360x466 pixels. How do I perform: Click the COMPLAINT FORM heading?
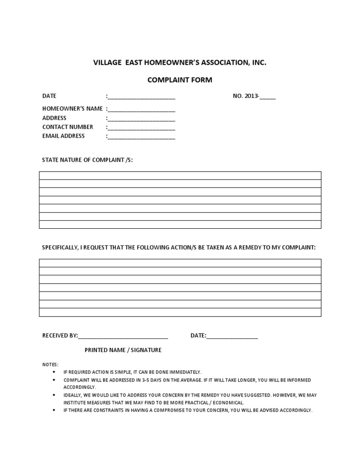[x=180, y=80]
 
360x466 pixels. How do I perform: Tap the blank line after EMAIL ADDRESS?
[x=142, y=137]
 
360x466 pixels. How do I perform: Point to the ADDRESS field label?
[x=54, y=118]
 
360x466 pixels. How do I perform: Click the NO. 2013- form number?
[x=254, y=96]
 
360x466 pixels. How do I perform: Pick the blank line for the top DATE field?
[x=142, y=97]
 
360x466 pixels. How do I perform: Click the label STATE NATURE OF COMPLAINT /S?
[x=88, y=160]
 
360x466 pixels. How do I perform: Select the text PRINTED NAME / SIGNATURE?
[x=123, y=350]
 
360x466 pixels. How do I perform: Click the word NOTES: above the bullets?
[x=51, y=364]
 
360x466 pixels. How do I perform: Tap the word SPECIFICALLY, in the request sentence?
[x=60, y=247]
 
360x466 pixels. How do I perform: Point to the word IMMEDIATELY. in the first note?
[x=186, y=372]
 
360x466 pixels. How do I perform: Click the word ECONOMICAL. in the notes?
[x=228, y=403]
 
